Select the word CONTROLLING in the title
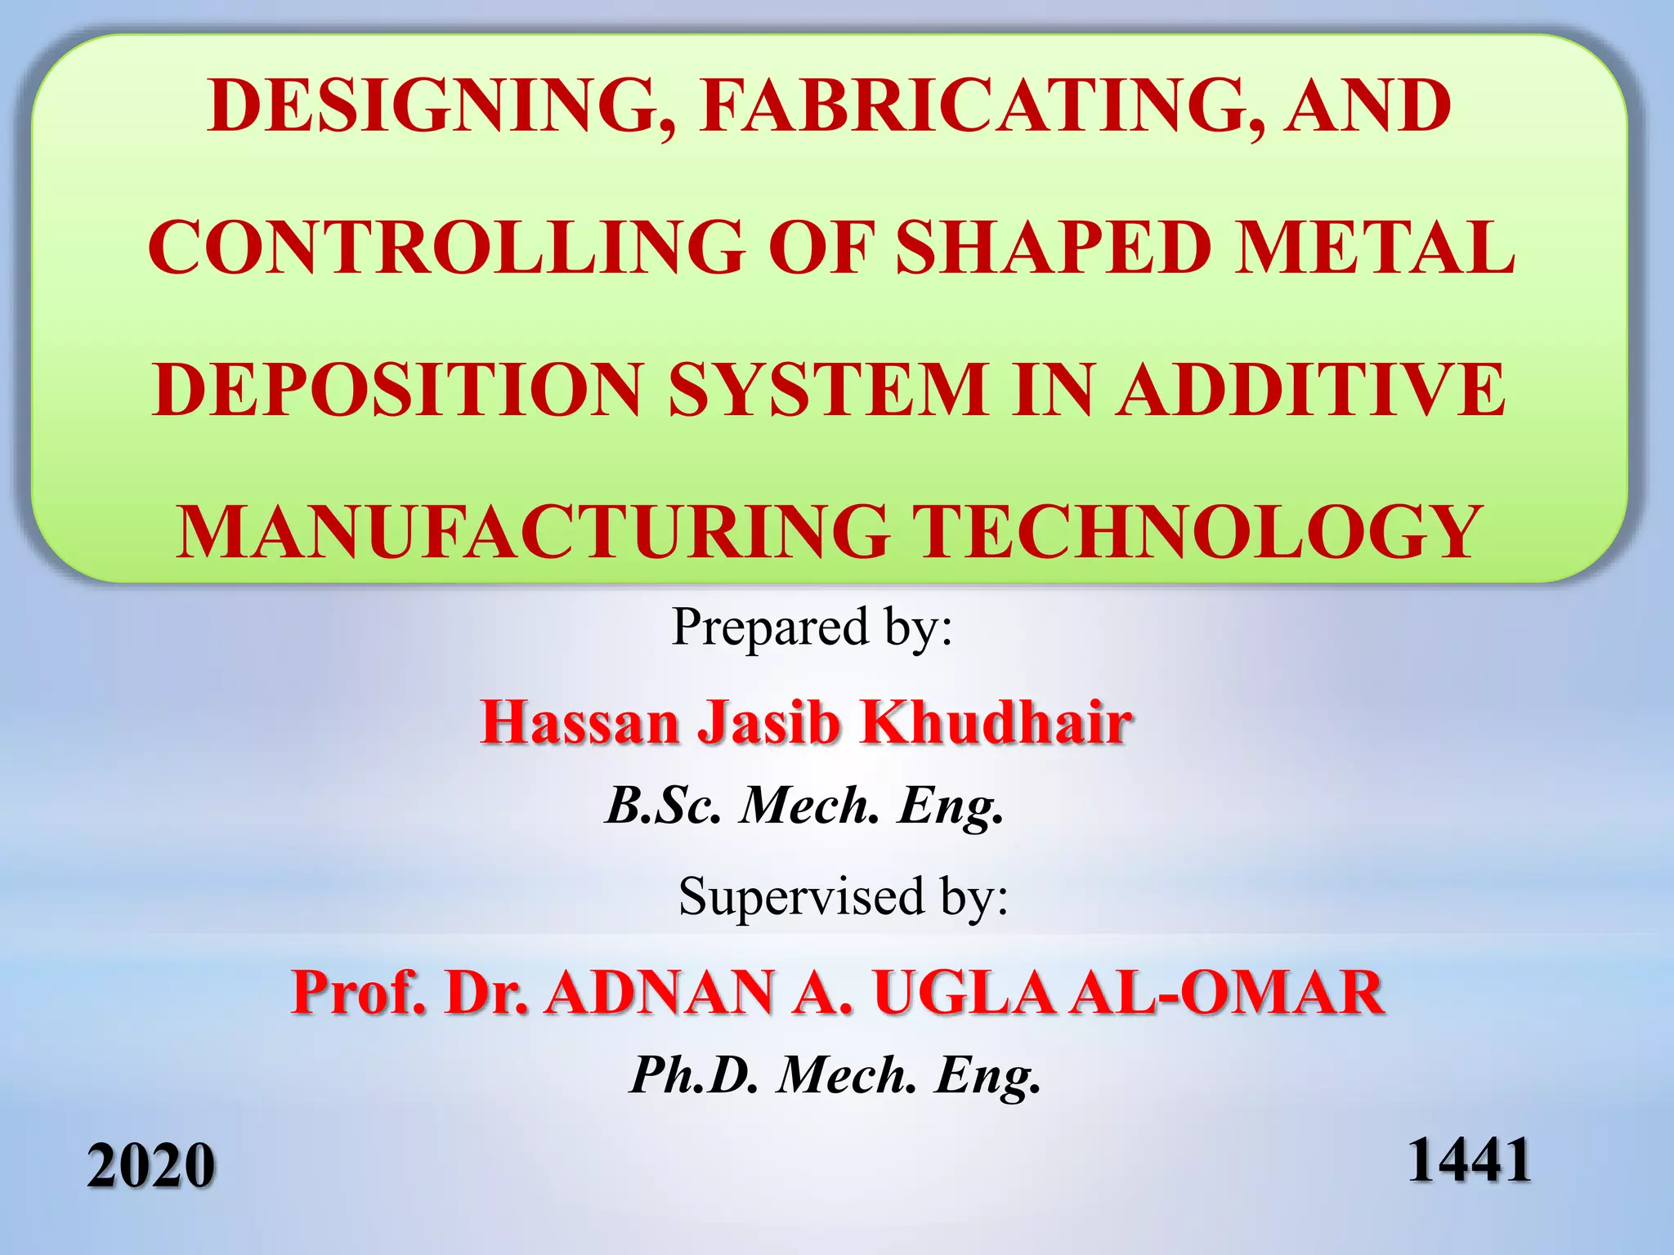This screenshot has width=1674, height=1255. (446, 248)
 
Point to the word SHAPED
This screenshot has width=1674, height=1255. (1054, 248)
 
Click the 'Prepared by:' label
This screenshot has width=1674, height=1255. (812, 627)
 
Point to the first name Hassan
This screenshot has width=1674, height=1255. (580, 723)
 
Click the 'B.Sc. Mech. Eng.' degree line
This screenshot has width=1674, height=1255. (804, 806)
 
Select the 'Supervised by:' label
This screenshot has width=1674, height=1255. (844, 896)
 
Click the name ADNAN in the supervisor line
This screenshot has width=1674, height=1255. (660, 994)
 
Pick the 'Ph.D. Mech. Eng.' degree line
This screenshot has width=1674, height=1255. (835, 1075)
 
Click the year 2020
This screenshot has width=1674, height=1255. (151, 1166)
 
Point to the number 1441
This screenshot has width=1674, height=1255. (1469, 1160)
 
